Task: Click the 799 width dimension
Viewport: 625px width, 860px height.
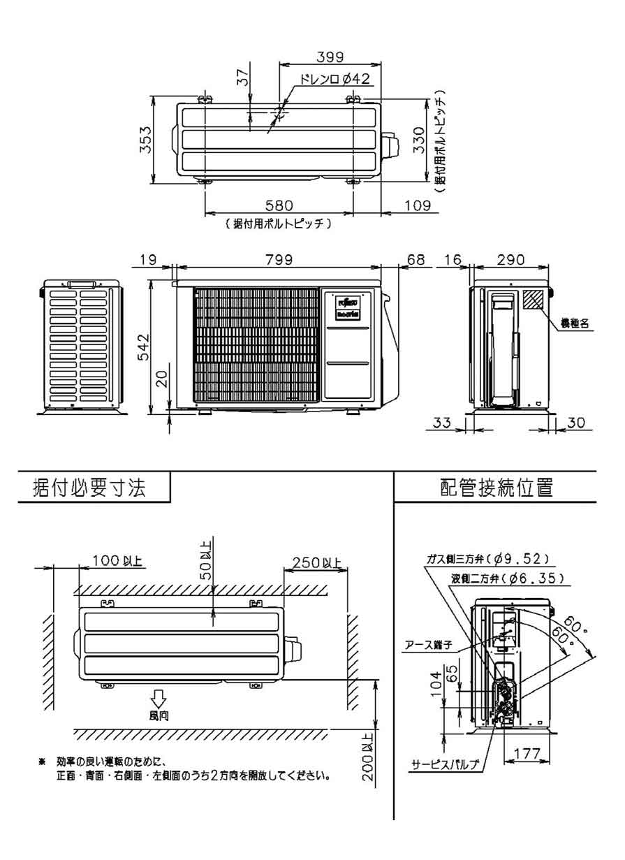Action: (x=279, y=259)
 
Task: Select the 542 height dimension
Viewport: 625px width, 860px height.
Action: (x=142, y=344)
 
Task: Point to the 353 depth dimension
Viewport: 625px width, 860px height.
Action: (x=142, y=143)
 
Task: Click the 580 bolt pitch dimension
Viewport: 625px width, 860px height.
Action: (x=279, y=205)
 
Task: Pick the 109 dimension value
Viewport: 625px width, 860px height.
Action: (x=411, y=205)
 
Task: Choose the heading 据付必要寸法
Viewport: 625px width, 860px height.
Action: (x=91, y=488)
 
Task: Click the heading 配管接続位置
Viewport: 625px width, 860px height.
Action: (x=497, y=488)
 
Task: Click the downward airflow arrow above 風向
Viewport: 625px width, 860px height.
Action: (x=159, y=698)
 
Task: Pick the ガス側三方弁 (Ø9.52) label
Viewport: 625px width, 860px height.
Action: (x=489, y=557)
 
